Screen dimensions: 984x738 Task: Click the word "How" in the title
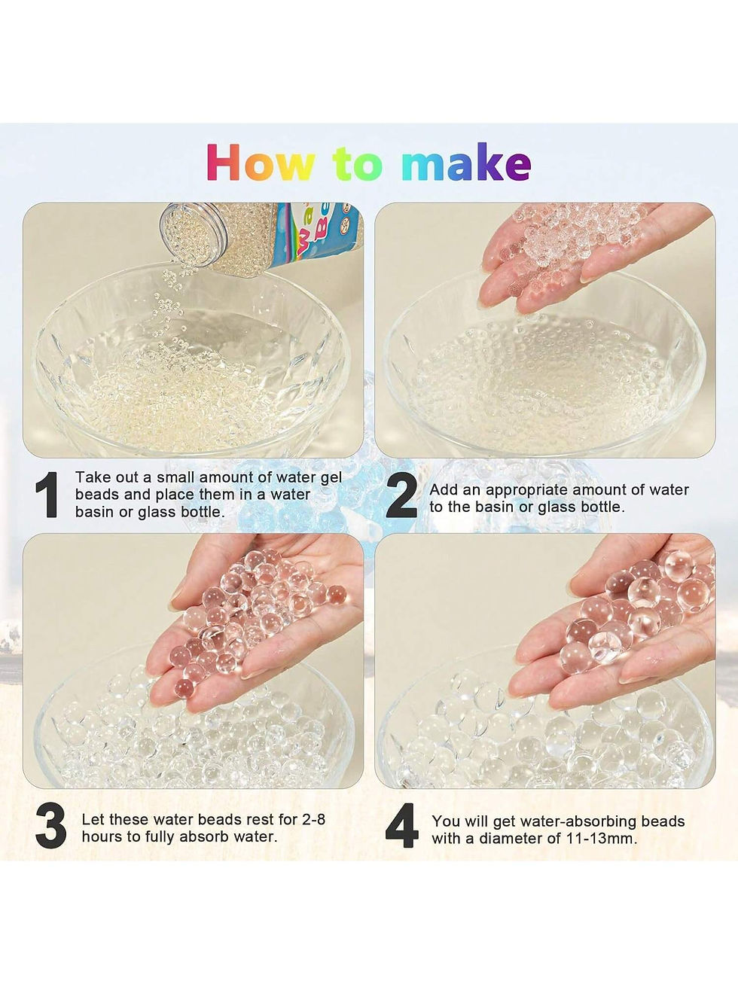[x=261, y=163]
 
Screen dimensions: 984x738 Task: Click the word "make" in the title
[x=465, y=163]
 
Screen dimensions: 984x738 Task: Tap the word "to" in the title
[x=358, y=163]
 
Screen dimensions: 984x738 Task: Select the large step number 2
[x=401, y=496]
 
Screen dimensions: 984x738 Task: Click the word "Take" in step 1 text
[x=93, y=477]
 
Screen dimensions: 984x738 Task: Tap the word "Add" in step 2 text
[x=444, y=489]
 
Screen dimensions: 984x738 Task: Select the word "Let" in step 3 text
[x=93, y=819]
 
